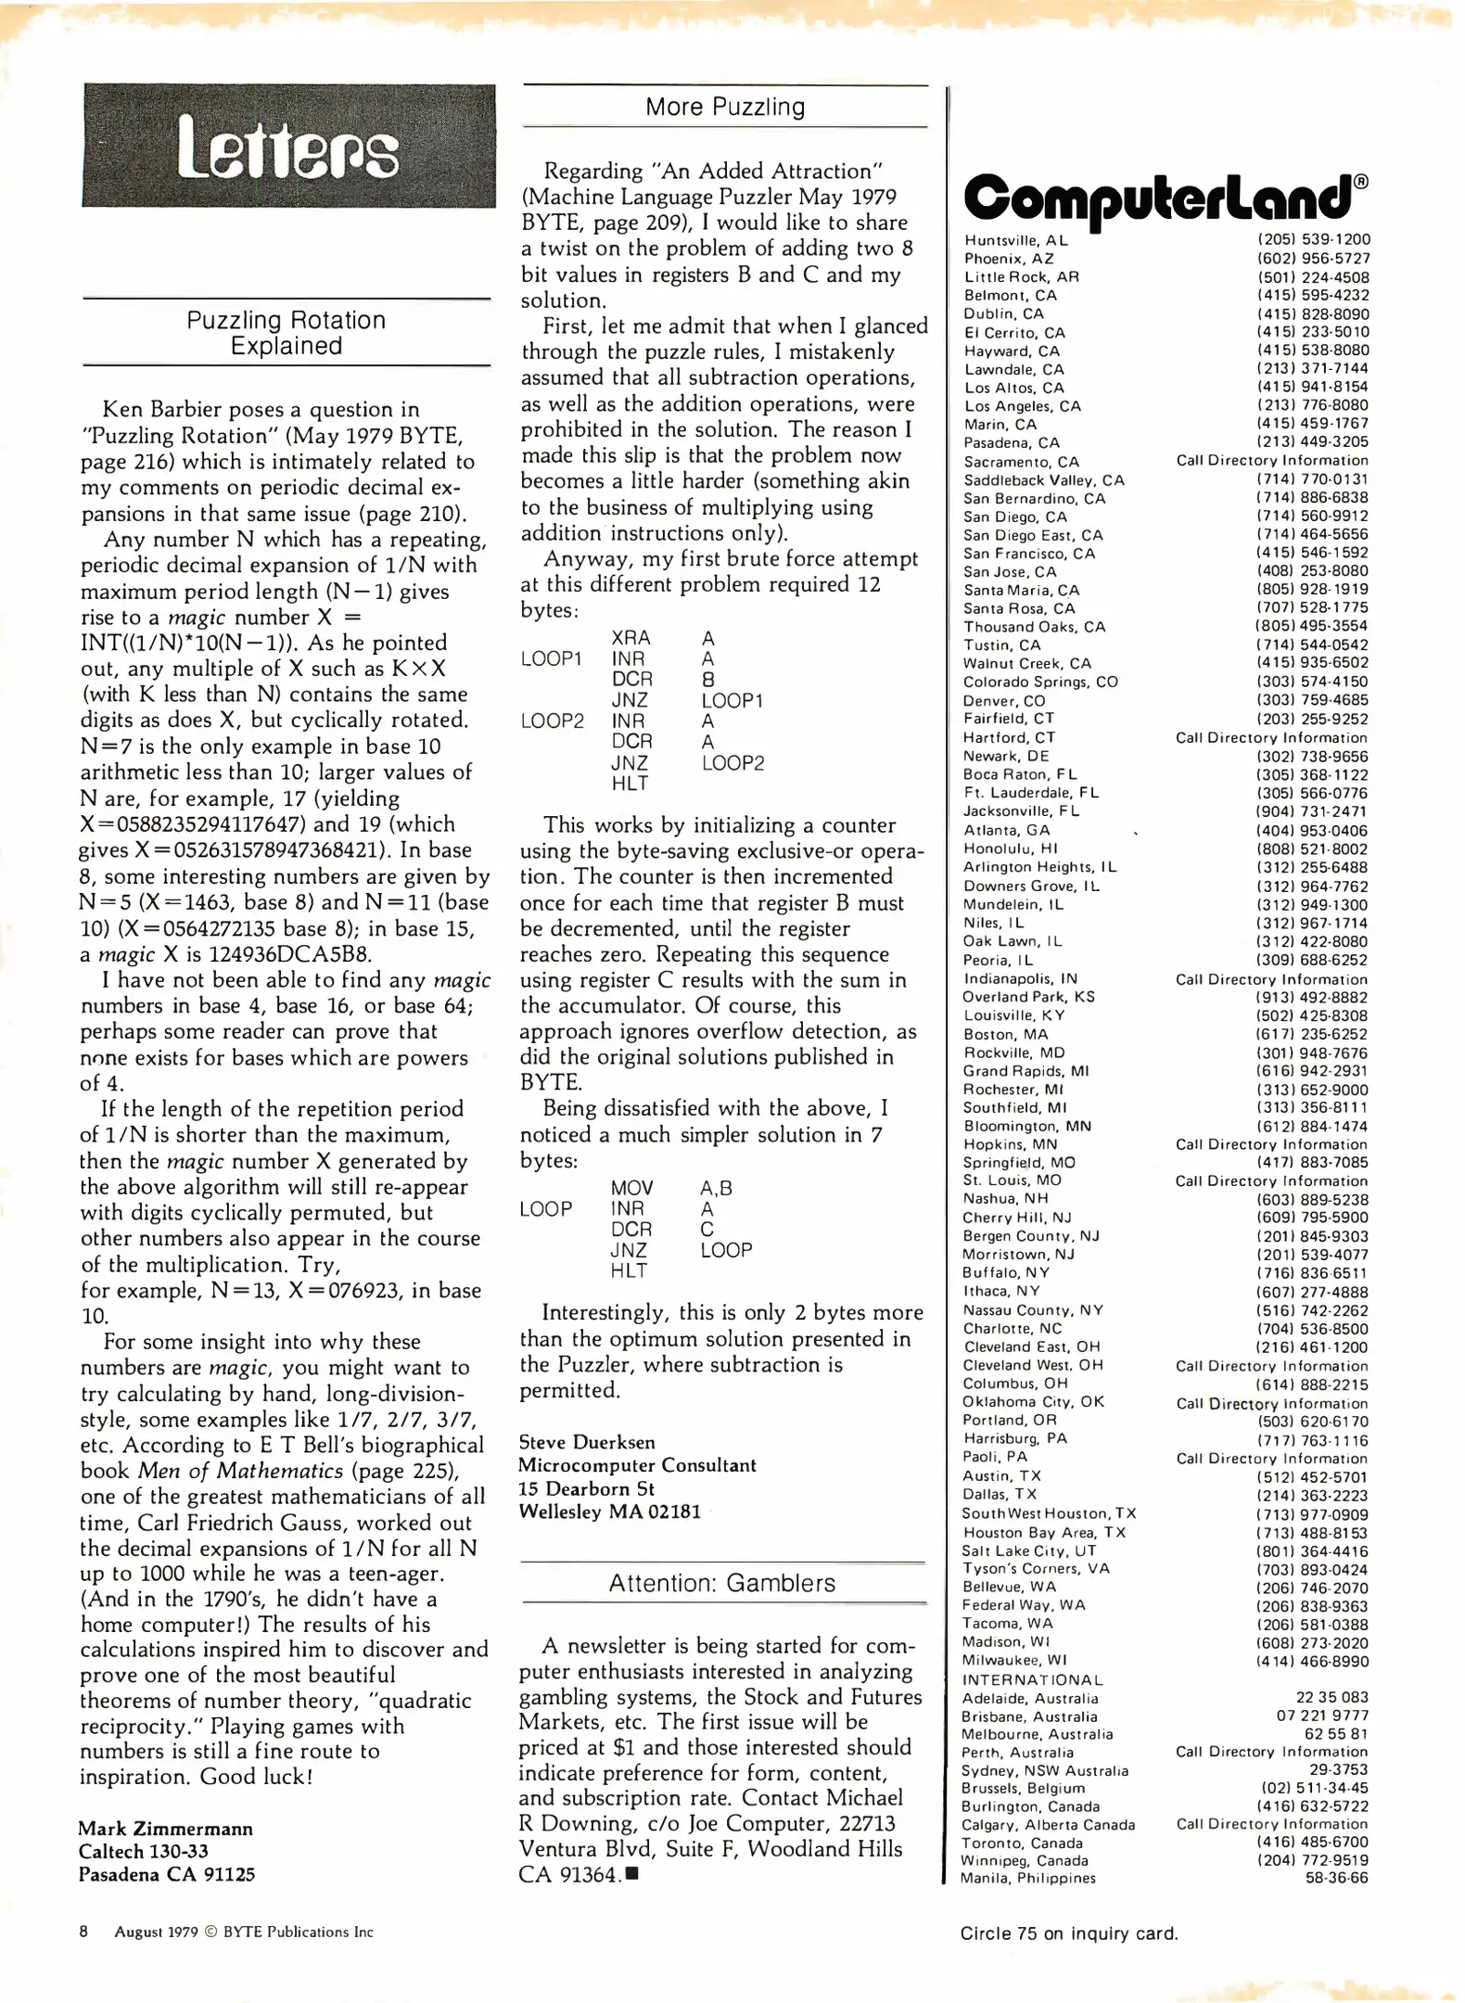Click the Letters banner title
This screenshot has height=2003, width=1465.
pos(287,147)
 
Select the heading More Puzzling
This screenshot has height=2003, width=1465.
pos(725,107)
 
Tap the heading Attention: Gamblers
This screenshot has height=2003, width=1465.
pos(721,1583)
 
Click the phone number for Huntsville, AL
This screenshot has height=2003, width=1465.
pos(1313,239)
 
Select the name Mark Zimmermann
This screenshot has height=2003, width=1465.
pos(165,1829)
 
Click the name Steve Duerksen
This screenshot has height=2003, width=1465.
pos(586,1442)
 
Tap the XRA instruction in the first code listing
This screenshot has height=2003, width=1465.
pos(631,638)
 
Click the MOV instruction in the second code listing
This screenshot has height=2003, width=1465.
pos(631,1188)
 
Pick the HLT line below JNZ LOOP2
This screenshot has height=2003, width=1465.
pos(630,784)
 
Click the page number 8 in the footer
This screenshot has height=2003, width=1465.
pos(83,1932)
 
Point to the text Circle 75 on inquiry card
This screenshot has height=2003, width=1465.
pos(1068,1933)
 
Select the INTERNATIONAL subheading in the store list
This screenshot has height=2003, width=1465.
pos(1032,1679)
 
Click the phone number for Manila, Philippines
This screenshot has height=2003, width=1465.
pos(1336,1878)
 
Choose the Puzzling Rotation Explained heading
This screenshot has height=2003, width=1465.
pos(286,333)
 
